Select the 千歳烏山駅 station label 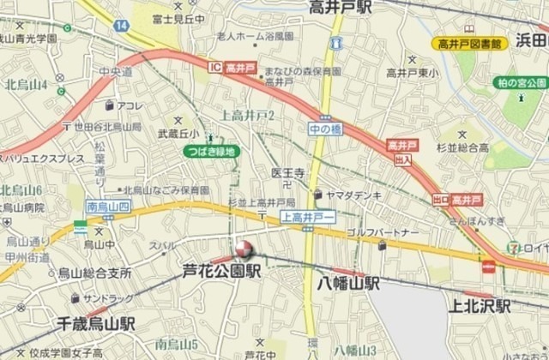point(96,324)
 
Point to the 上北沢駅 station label point(478,306)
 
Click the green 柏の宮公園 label point(521,82)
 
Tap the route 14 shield point(122,27)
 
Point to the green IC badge point(215,65)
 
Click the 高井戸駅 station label point(341,7)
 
